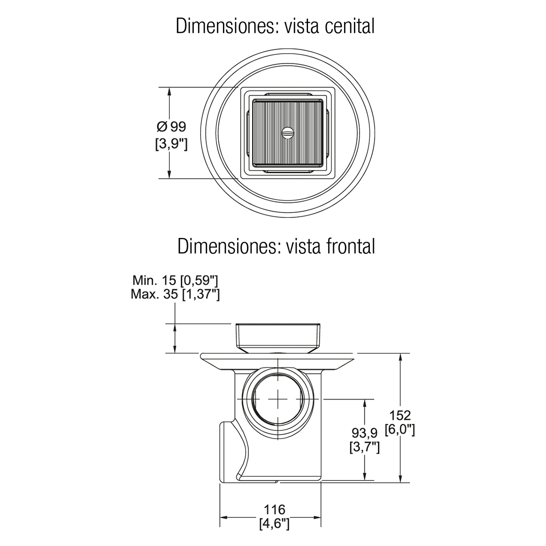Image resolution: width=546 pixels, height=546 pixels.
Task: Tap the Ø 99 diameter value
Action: (x=172, y=126)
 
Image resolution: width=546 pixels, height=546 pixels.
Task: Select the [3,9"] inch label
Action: (x=172, y=144)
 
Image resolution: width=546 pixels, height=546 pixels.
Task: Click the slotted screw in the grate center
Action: (x=288, y=132)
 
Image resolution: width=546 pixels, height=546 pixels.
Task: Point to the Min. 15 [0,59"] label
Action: (x=175, y=281)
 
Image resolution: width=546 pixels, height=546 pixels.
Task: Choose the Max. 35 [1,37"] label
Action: (x=175, y=294)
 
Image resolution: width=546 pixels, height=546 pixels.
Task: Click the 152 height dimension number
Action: (x=400, y=416)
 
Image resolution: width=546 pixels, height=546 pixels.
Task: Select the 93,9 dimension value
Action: (x=364, y=433)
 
